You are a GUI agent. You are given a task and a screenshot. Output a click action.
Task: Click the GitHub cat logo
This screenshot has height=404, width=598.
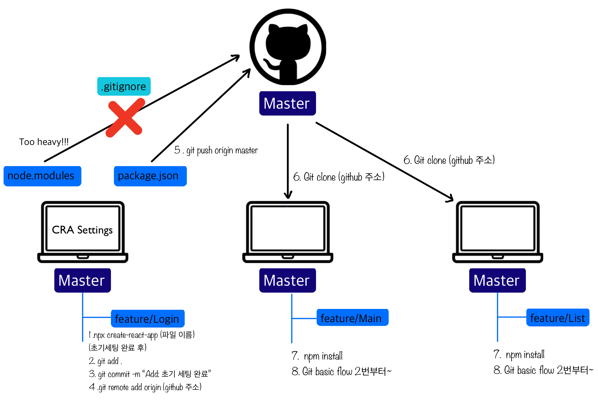click(x=288, y=47)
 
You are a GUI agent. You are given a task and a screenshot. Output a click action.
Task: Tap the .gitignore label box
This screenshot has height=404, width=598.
click(x=124, y=86)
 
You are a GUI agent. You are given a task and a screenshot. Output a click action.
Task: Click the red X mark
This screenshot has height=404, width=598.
click(x=125, y=118)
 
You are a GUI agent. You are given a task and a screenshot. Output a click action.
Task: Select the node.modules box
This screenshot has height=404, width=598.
click(x=42, y=176)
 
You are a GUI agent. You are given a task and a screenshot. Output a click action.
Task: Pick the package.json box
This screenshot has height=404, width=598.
click(x=150, y=176)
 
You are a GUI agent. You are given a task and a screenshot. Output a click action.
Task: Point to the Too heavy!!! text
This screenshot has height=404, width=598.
click(x=44, y=142)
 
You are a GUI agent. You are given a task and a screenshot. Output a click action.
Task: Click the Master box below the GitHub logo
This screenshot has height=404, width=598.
click(x=287, y=103)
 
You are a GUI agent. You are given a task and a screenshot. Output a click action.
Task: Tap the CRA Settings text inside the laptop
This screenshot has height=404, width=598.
click(x=82, y=230)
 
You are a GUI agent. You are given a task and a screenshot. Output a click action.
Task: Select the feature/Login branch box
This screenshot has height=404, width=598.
click(x=147, y=319)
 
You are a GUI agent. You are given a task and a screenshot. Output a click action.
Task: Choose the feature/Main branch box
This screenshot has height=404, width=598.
click(x=352, y=318)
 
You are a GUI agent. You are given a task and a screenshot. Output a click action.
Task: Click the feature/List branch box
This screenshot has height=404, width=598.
click(x=558, y=318)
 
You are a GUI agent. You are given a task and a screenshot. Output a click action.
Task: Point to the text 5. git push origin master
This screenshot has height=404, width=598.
click(x=216, y=150)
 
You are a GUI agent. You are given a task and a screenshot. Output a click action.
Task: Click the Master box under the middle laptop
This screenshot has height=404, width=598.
click(x=287, y=280)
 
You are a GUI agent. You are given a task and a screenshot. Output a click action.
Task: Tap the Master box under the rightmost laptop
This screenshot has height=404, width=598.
click(x=497, y=280)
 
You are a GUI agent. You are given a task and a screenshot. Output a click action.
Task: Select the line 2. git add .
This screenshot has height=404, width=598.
click(x=106, y=361)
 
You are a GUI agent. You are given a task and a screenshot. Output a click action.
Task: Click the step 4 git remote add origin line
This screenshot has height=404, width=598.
click(x=145, y=387)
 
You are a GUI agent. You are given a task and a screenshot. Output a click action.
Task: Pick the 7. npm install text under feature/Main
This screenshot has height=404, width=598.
click(x=317, y=356)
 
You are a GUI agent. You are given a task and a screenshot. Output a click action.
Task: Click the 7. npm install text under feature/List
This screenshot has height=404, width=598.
click(x=519, y=354)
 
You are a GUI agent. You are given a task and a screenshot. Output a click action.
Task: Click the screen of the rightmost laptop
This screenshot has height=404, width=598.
click(x=497, y=228)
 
